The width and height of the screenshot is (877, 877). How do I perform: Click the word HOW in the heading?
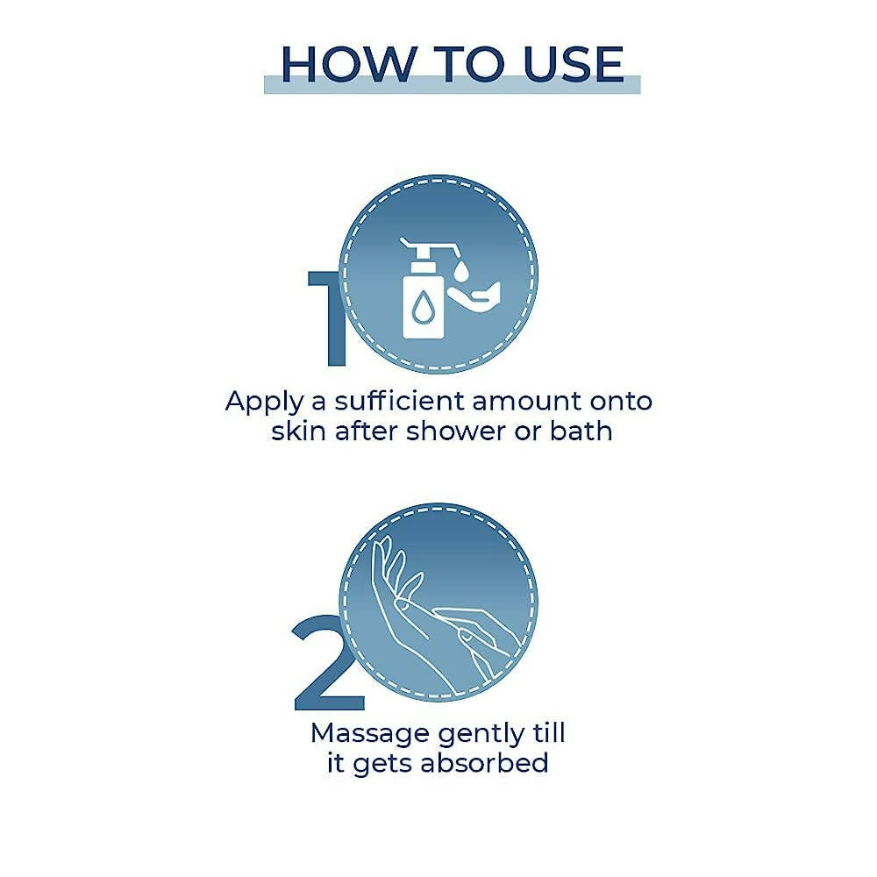(x=348, y=64)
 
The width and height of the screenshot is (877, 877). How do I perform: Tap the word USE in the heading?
(x=574, y=64)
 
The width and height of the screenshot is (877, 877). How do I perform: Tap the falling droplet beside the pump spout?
(x=461, y=271)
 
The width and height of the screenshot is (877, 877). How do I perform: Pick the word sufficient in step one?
(x=399, y=401)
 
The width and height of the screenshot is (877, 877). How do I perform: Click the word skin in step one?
(x=298, y=431)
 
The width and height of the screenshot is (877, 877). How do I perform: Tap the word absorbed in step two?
(x=484, y=764)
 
